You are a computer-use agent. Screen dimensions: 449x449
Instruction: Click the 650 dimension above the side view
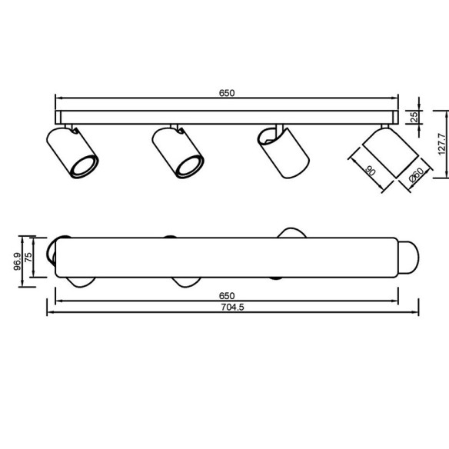click(227, 93)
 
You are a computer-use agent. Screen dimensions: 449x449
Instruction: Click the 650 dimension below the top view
click(227, 296)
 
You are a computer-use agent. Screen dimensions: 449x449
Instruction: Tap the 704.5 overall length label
click(232, 308)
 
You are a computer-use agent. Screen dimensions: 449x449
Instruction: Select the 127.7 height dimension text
click(443, 144)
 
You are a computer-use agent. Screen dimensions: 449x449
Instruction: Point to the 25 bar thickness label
click(414, 117)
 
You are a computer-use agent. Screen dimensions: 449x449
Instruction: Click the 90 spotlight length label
click(371, 171)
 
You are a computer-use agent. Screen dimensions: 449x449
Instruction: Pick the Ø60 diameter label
click(417, 175)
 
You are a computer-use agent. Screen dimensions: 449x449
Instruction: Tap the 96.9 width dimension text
click(17, 261)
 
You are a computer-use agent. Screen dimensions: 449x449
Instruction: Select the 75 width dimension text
click(28, 257)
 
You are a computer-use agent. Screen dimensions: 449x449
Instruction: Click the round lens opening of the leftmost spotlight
click(84, 166)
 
